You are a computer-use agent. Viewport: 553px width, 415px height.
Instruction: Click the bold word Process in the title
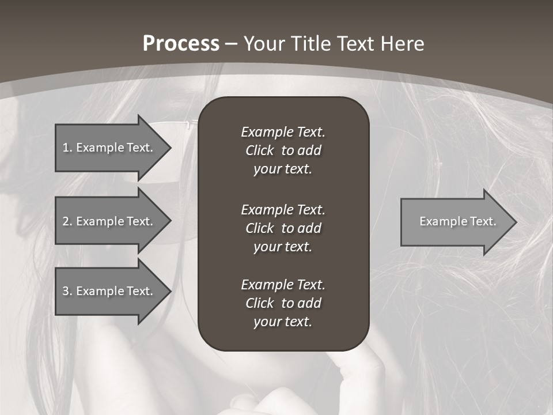pyautogui.click(x=181, y=44)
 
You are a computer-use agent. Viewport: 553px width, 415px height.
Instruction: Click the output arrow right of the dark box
pyautogui.click(x=455, y=222)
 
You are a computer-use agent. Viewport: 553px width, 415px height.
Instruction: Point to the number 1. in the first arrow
pyautogui.click(x=67, y=148)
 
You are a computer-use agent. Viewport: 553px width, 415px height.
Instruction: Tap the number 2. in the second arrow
pyautogui.click(x=67, y=221)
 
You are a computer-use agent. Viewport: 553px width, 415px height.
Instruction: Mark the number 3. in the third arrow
pyautogui.click(x=67, y=291)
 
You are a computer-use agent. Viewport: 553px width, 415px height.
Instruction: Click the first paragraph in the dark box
pyautogui.click(x=283, y=150)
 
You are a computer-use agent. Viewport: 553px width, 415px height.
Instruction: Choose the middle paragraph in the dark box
pyautogui.click(x=283, y=228)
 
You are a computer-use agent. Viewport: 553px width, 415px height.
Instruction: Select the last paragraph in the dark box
pyautogui.click(x=283, y=303)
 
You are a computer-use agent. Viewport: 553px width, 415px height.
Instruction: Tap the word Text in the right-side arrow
pyautogui.click(x=484, y=221)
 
